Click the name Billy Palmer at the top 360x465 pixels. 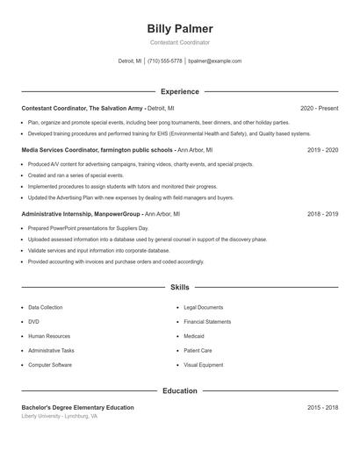tap(180, 29)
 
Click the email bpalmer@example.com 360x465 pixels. tap(214, 61)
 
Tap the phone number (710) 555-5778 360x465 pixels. tap(164, 61)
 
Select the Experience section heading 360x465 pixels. tap(180, 91)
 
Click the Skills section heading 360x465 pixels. tap(180, 287)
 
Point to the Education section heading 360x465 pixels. tap(180, 390)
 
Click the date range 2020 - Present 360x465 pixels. tap(319, 108)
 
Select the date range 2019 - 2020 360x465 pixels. tap(323, 150)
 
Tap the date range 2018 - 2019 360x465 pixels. tap(323, 213)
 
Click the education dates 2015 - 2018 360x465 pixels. tap(323, 407)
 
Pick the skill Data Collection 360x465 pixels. tap(46, 308)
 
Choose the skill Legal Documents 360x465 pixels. tap(204, 308)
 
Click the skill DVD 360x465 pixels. tap(33, 322)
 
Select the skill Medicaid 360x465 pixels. tap(194, 336)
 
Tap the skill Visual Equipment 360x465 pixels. tap(204, 364)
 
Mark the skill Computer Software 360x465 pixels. tap(50, 364)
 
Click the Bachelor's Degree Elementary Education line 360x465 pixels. tap(78, 407)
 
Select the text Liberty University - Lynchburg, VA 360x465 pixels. tap(60, 416)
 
